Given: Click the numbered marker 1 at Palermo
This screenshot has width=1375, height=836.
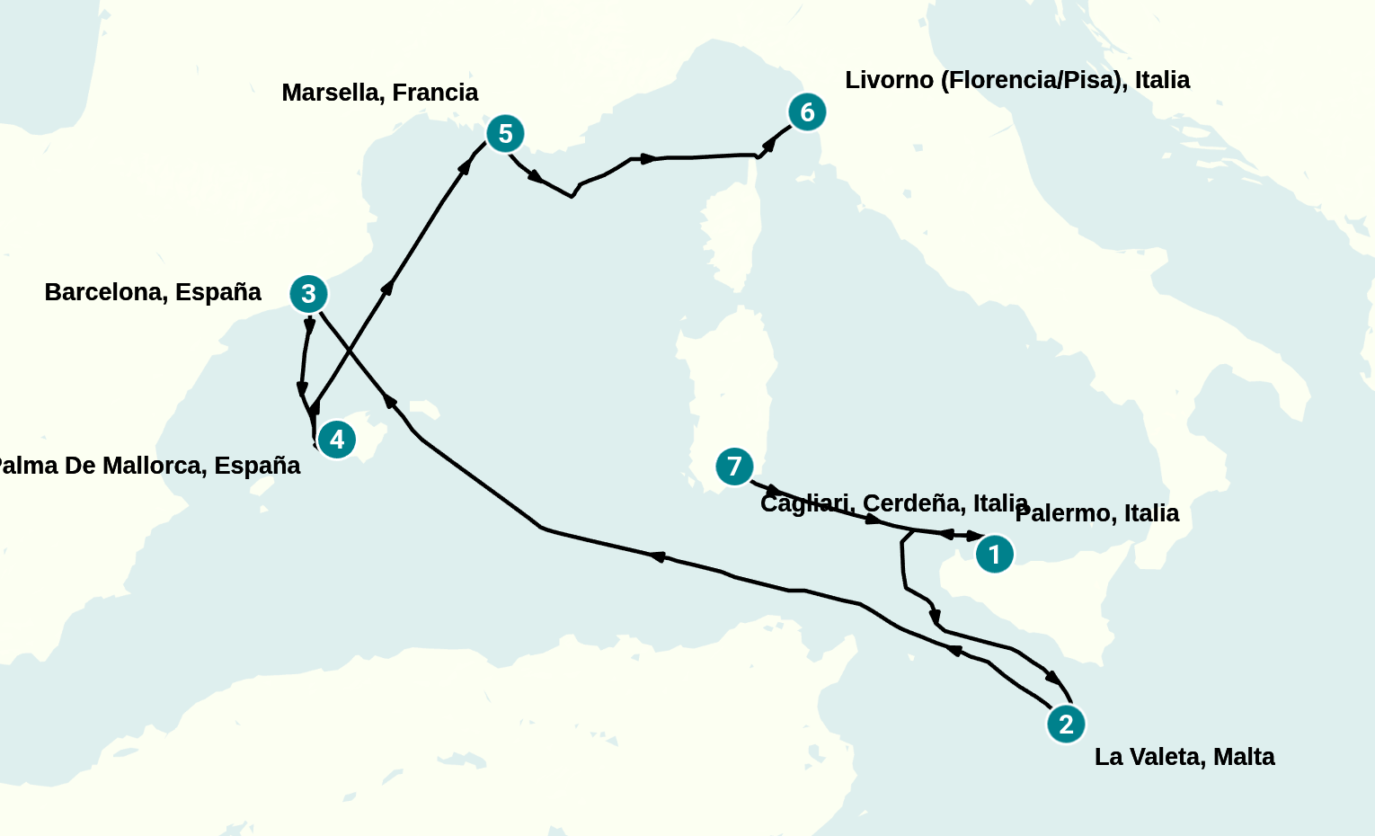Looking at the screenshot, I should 994,554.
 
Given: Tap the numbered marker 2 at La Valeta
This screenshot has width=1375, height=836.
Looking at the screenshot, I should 1066,724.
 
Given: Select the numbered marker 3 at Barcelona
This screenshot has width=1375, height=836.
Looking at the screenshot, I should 308,294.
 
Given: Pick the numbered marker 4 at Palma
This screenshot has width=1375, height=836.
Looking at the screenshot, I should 337,440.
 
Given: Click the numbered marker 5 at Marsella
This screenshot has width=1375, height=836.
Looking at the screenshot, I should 505,134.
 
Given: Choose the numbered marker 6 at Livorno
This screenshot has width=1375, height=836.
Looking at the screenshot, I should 807,112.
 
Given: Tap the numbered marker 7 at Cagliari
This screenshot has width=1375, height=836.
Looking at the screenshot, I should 734,467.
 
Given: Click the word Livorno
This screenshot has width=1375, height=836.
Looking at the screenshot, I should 889,80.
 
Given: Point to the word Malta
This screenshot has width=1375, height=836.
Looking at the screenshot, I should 1244,757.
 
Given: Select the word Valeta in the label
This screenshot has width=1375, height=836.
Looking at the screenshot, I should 1165,757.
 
